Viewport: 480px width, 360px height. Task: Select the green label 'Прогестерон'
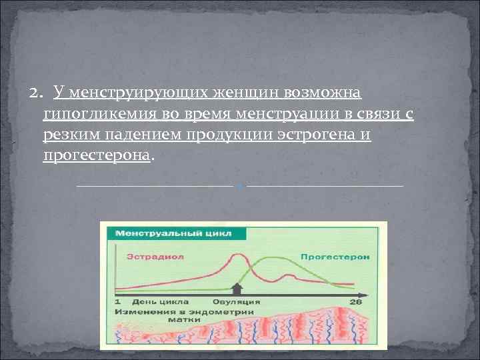point(325,255)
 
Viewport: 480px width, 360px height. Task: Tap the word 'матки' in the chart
point(180,319)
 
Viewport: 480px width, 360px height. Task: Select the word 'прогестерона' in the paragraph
point(97,155)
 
